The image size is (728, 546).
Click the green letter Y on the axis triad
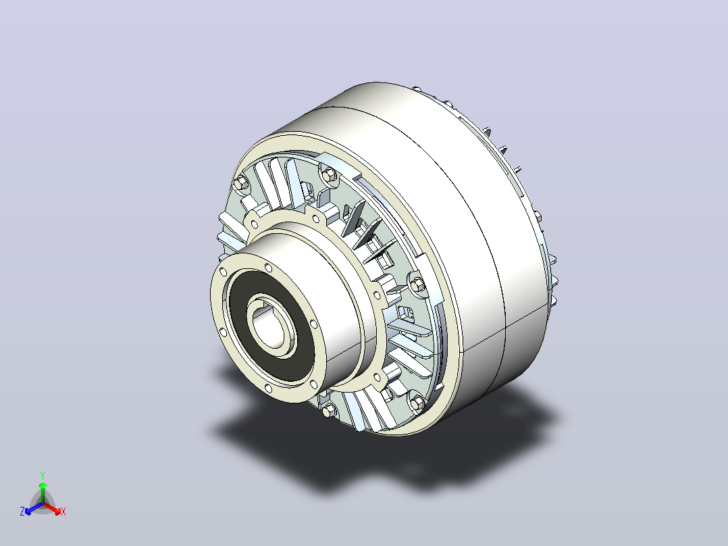(43, 475)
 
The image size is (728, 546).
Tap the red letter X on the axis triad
(63, 512)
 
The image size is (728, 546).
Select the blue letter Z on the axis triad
(22, 512)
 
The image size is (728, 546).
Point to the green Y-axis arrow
(43, 492)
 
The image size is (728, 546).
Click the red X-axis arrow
(52, 507)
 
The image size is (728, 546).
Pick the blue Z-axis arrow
(34, 508)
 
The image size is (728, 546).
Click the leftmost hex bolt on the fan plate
(240, 183)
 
